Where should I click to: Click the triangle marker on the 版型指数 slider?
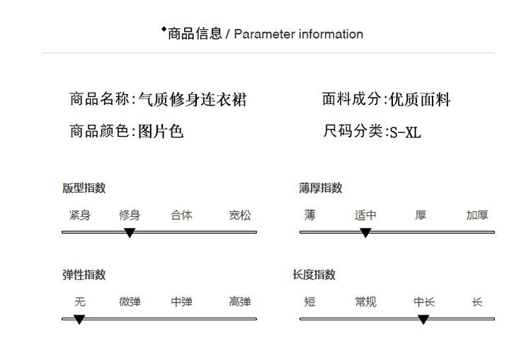pos(130,232)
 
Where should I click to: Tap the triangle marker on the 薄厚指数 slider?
pos(365,232)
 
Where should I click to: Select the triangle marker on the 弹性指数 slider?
pos(79,320)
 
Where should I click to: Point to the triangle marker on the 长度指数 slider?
pos(423,320)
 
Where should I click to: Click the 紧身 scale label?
pos(80,215)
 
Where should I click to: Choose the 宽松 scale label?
pos(239,215)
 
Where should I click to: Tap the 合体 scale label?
pos(181,215)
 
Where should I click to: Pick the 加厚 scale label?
pos(476,215)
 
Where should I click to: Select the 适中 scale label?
pos(365,215)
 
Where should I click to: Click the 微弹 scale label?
pos(130,302)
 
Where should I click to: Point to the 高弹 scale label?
pos(239,302)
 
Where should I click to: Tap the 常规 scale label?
pos(365,302)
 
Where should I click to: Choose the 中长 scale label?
pos(424,302)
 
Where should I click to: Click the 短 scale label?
pos(310,302)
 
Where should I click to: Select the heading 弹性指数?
pos(84,275)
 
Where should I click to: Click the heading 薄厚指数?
pos(320,188)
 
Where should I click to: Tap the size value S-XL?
pos(406,133)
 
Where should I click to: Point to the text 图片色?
pos(161,131)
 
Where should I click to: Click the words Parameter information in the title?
pos(298,34)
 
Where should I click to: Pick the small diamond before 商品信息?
pos(164,29)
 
